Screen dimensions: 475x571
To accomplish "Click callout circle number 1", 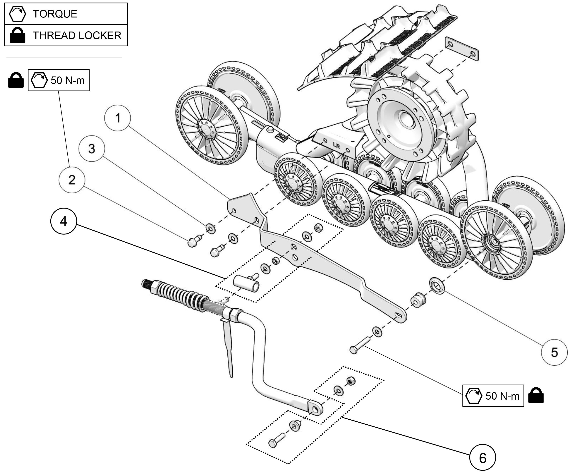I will pos(118,118).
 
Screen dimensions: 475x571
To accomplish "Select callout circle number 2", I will pos(72,180).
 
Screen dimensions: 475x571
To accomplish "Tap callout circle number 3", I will pos(92,149).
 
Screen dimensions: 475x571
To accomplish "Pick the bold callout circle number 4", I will pos(64,221).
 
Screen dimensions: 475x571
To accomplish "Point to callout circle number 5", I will pos(554,352).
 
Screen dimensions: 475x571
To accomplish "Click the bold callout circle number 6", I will pos(482,458).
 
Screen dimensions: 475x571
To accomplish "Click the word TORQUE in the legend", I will pos(55,14).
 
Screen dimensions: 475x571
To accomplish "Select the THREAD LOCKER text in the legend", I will pos(77,35).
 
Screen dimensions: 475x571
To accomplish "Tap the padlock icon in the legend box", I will pos(17,35).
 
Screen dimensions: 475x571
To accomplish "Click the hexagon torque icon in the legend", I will pos(17,14).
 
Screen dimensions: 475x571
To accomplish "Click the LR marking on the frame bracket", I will pos(336,145).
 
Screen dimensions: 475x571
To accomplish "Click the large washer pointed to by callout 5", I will pos(437,286).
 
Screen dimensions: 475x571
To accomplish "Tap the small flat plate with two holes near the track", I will pos(462,49).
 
